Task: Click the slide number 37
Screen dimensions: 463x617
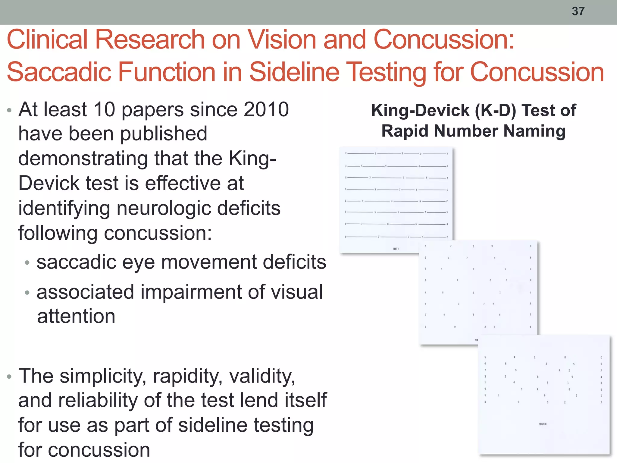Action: click(x=578, y=11)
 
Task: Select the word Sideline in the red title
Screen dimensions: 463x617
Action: click(x=296, y=72)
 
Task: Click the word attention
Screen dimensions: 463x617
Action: click(x=76, y=316)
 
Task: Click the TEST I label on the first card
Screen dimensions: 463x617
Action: click(x=396, y=249)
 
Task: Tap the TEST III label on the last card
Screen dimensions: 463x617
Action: click(x=543, y=424)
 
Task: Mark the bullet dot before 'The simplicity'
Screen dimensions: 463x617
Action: click(x=9, y=377)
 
